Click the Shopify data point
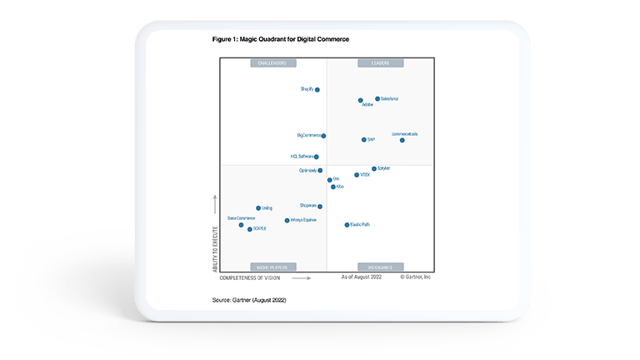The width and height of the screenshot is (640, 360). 317,89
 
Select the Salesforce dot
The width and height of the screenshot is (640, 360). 377,98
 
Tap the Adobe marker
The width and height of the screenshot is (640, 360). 361,101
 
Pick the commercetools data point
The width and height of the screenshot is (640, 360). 402,140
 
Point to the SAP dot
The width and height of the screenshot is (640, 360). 363,140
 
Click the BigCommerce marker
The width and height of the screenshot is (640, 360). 323,136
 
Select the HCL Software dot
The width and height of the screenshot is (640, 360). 317,157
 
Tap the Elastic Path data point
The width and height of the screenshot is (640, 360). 347,225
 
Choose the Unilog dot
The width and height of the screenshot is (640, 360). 258,208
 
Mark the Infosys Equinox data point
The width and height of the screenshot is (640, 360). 287,221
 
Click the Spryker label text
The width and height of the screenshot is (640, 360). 384,168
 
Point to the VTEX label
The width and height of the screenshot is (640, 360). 364,175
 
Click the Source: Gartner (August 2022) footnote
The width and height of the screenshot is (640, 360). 249,298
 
